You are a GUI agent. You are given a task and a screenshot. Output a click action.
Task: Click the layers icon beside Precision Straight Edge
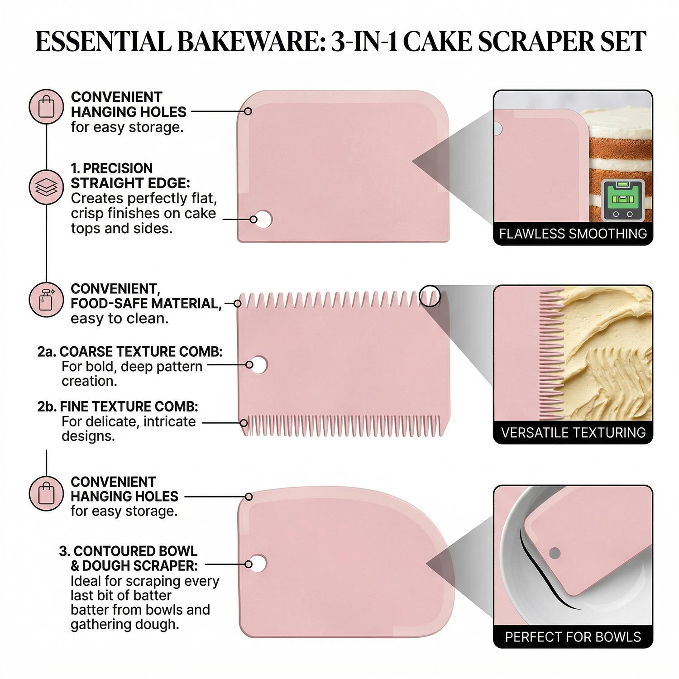[x=46, y=187]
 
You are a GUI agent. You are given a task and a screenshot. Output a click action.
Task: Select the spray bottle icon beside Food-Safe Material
[x=46, y=300]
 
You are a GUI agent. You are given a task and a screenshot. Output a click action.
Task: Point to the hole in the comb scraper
[x=259, y=364]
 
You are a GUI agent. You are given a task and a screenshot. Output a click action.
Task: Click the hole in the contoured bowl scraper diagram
[x=258, y=564]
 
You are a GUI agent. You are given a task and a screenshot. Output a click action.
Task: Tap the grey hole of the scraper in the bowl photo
[x=555, y=553]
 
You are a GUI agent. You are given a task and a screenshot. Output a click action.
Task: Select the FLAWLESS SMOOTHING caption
[x=573, y=234]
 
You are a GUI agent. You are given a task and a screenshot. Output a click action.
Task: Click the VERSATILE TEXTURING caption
[x=573, y=433]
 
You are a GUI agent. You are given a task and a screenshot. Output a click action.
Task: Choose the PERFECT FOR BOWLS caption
[x=573, y=637]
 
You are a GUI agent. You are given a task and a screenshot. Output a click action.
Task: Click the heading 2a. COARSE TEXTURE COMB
[x=130, y=352]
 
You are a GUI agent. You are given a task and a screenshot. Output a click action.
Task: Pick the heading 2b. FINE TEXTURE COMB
[x=118, y=406]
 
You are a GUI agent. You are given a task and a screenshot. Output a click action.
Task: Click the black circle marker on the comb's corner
[x=429, y=296]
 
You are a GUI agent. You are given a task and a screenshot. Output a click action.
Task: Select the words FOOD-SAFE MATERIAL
[x=146, y=304]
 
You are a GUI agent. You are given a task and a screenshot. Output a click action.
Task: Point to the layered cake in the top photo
[x=620, y=149]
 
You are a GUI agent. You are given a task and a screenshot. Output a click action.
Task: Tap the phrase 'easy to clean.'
[x=120, y=319]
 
